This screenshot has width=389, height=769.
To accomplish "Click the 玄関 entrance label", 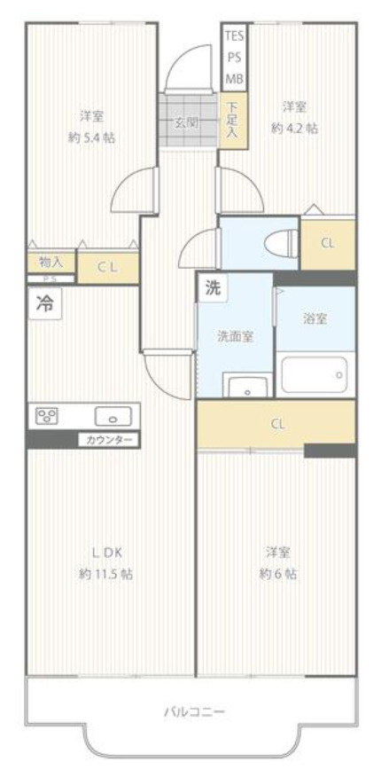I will click(186, 122).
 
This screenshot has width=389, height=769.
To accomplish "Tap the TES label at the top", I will click(234, 35).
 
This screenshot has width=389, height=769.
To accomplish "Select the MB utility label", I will click(234, 78).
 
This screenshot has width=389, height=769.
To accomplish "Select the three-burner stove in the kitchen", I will click(47, 415).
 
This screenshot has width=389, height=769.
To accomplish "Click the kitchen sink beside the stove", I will click(113, 415).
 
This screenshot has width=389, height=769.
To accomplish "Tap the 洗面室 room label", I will click(235, 336).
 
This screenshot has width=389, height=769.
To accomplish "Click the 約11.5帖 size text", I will click(105, 574).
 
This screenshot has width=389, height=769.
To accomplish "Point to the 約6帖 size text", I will click(278, 574).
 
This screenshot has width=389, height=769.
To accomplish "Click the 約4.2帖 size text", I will click(294, 128).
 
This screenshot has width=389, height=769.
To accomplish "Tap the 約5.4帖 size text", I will click(91, 138).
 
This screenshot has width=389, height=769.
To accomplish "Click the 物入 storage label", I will click(51, 262).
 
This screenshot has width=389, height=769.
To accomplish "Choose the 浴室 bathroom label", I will click(315, 319).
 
